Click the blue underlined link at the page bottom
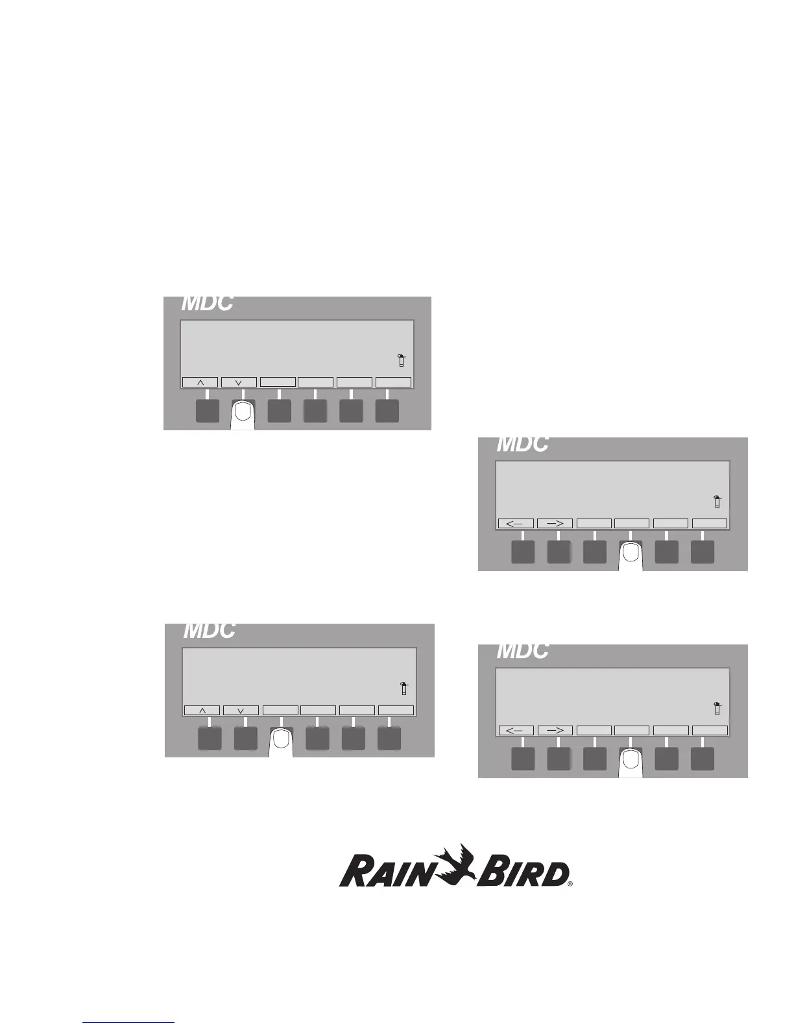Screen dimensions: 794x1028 click(129, 1023)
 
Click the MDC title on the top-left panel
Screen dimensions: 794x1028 click(206, 304)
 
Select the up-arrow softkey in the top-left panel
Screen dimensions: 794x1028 click(200, 382)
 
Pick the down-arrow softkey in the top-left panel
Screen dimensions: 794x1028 click(239, 382)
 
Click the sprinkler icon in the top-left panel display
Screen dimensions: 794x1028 click(402, 361)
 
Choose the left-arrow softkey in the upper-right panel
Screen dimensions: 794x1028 click(516, 523)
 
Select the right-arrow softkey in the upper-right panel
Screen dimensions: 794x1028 click(555, 523)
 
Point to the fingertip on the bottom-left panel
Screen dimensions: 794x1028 click(280, 740)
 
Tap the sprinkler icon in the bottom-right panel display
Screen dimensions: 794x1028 click(717, 708)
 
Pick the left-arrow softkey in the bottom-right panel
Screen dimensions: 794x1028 click(516, 730)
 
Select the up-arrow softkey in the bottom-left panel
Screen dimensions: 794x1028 click(202, 711)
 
